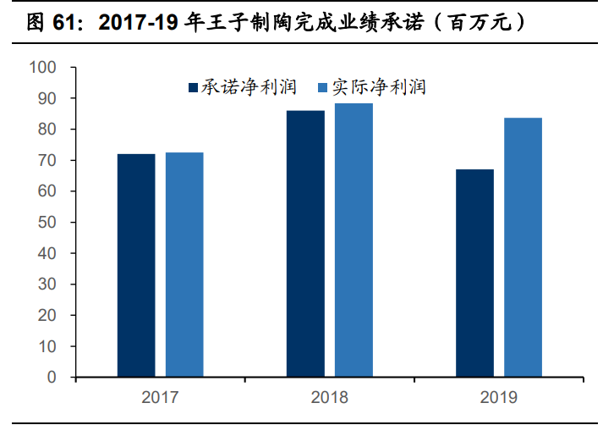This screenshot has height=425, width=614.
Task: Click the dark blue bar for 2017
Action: pyautogui.click(x=136, y=265)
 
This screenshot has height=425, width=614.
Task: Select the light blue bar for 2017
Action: pyautogui.click(x=184, y=264)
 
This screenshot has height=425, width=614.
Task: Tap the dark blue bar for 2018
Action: pyautogui.click(x=305, y=244)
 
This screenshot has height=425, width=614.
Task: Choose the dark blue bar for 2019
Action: pyautogui.click(x=474, y=273)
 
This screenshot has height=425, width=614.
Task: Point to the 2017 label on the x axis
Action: pyautogui.click(x=160, y=396)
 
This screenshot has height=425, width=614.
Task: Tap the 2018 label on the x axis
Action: pyautogui.click(x=329, y=396)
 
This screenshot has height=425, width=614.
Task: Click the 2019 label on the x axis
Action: pyautogui.click(x=499, y=396)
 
